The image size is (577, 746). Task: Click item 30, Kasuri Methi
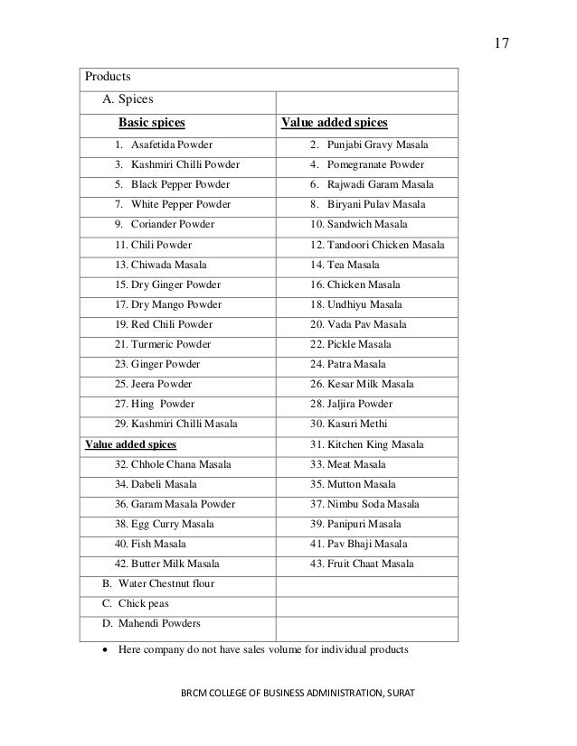[x=346, y=424]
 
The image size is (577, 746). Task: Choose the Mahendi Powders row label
[x=152, y=623]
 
